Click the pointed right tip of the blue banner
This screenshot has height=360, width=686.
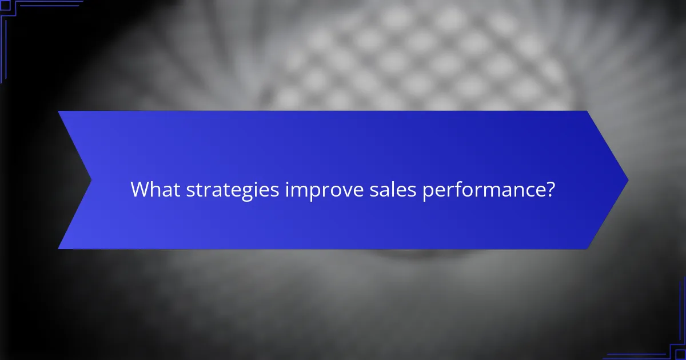tap(627, 180)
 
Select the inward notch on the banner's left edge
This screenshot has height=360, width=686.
tap(91, 180)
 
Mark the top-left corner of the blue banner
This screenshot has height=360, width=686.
tap(59, 111)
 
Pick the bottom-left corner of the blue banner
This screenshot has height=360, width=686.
tap(59, 249)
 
